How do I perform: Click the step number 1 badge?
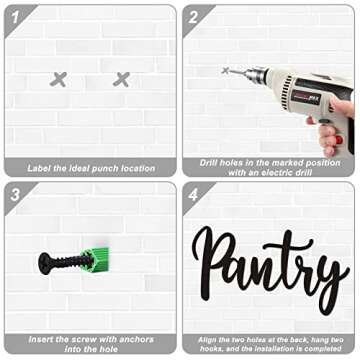tap(15, 17)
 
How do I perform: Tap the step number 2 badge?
tap(193, 17)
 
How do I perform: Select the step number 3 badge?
tap(15, 195)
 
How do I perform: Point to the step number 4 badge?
tap(193, 195)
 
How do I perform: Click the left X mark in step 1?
tap(58, 79)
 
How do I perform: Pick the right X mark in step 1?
tap(121, 79)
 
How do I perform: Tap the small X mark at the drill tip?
tap(225, 70)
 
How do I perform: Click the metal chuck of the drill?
tap(257, 75)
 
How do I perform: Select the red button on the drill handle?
tap(339, 139)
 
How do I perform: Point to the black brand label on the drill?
tap(306, 98)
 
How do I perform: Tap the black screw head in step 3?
tap(44, 263)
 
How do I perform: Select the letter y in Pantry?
tap(329, 283)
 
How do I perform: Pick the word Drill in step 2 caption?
tap(210, 163)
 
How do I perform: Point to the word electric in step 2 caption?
tap(278, 173)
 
